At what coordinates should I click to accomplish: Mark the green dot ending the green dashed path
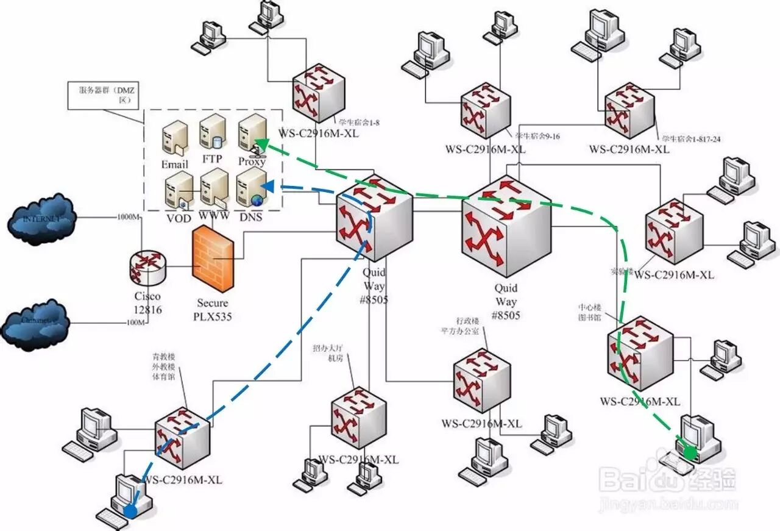click(689, 452)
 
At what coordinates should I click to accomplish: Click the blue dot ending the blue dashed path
click(130, 510)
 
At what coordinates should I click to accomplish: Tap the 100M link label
click(133, 323)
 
